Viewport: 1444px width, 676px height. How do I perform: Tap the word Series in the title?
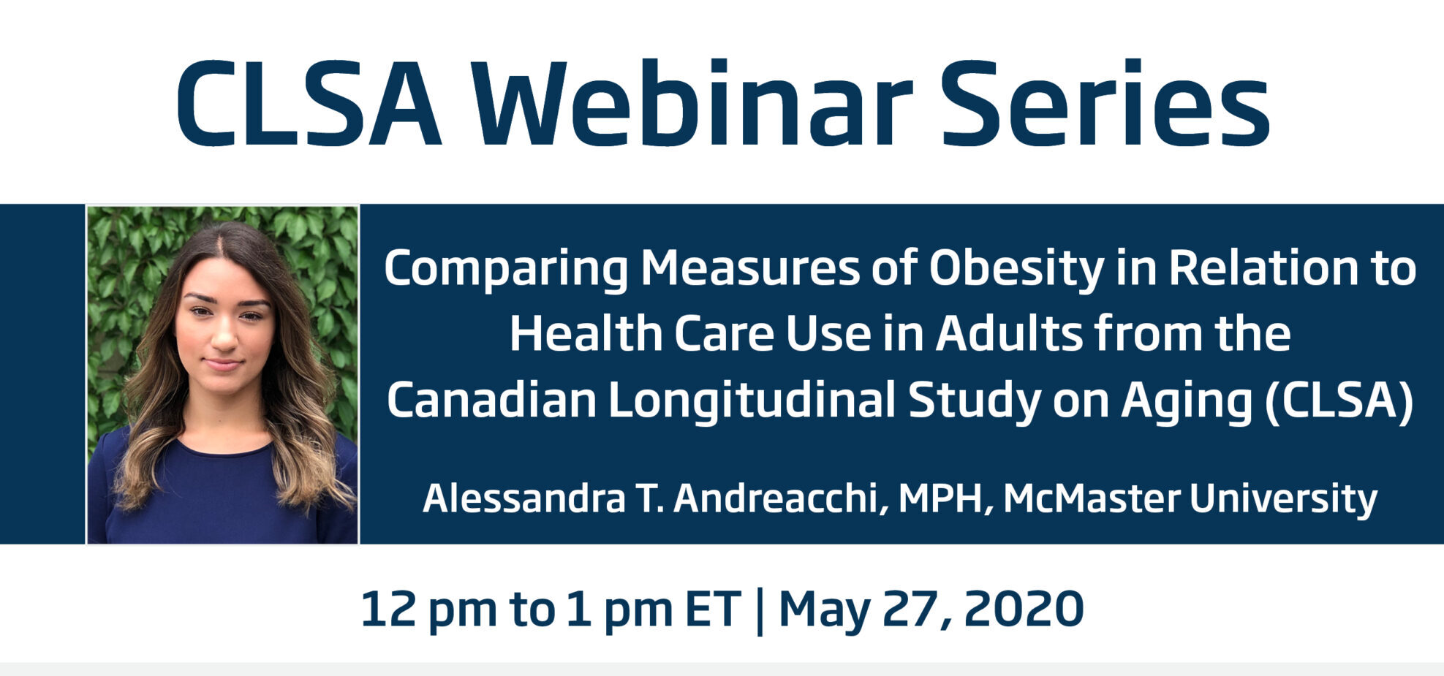[x=1105, y=103]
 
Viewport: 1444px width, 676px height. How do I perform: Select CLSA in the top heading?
[x=309, y=103]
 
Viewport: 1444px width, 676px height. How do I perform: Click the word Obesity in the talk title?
[x=1016, y=268]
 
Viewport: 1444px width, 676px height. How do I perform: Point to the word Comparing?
[x=506, y=270]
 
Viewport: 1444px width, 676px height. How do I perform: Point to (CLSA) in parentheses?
[x=1339, y=400]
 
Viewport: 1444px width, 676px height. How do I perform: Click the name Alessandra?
[x=524, y=498]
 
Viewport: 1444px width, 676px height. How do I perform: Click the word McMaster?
[x=1092, y=498]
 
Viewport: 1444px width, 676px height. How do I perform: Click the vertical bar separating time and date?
[x=759, y=611]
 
